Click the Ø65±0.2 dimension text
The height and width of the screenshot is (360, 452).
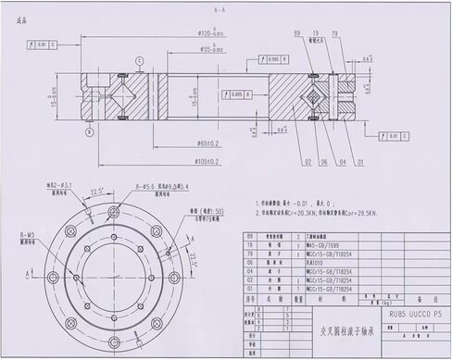click(208, 143)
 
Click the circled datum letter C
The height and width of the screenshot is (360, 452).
click(139, 61)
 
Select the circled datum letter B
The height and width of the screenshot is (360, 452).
click(90, 130)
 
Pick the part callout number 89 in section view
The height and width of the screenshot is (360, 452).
click(297, 33)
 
